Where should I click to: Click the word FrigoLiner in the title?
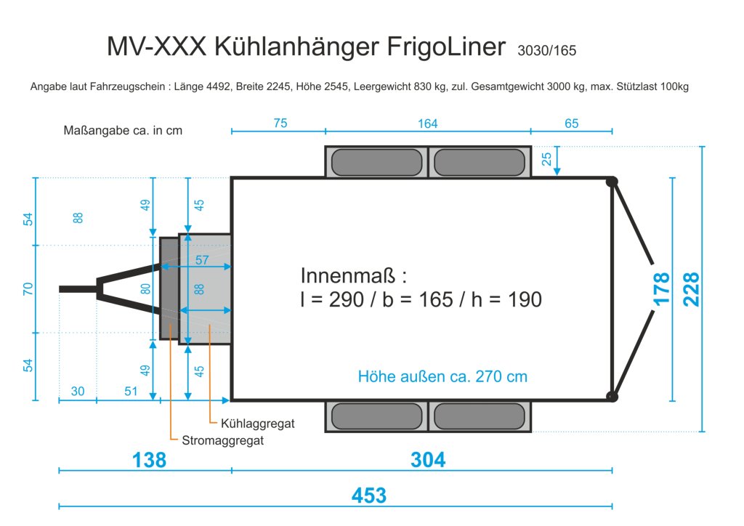(446, 47)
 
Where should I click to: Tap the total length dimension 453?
(369, 495)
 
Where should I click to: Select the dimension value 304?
(428, 460)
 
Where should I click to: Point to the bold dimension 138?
(149, 460)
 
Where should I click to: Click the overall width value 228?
(691, 289)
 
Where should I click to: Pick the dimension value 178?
(661, 289)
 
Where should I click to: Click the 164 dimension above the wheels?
(427, 124)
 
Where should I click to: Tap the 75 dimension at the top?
(280, 124)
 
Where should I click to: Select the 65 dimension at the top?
(571, 124)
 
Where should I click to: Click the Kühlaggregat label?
(258, 423)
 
